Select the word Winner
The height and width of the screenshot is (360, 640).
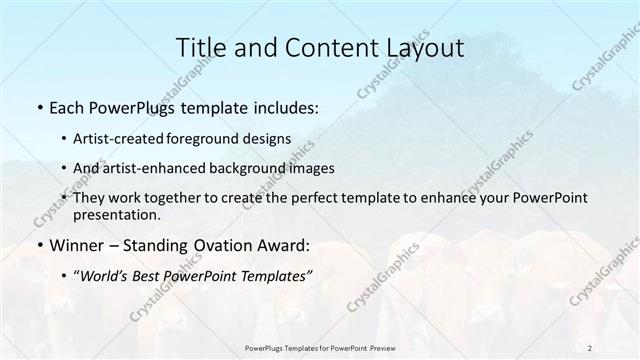tap(76, 245)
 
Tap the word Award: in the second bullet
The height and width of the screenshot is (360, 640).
tap(285, 245)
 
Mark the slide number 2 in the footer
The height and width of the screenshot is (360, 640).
tap(590, 347)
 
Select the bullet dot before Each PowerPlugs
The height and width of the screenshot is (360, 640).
tap(39, 106)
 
